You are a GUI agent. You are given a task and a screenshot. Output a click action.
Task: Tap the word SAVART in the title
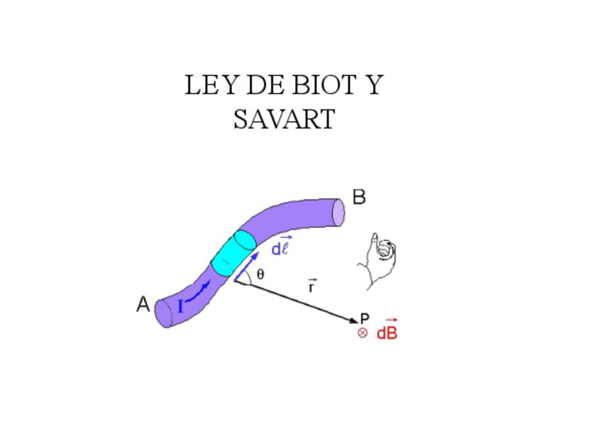(283, 119)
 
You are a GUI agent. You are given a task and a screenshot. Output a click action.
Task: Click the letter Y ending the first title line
(373, 86)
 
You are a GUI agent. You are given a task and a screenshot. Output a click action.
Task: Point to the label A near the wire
(143, 305)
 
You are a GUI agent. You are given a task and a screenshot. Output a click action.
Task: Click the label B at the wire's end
(359, 197)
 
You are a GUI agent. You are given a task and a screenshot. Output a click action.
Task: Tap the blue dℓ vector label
(281, 247)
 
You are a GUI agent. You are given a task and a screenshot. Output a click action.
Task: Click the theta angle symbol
(261, 275)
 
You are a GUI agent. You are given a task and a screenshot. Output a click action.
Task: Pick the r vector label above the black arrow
(312, 287)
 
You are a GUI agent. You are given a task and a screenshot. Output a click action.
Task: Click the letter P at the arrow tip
(365, 319)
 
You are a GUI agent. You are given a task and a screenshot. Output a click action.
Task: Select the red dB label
(387, 332)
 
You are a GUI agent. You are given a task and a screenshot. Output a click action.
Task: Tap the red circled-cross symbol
(362, 333)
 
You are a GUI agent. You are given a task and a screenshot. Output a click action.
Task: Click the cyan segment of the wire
(234, 253)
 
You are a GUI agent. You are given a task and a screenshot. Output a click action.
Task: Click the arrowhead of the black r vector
(354, 322)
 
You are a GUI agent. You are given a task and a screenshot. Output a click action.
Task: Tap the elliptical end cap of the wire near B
(339, 212)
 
